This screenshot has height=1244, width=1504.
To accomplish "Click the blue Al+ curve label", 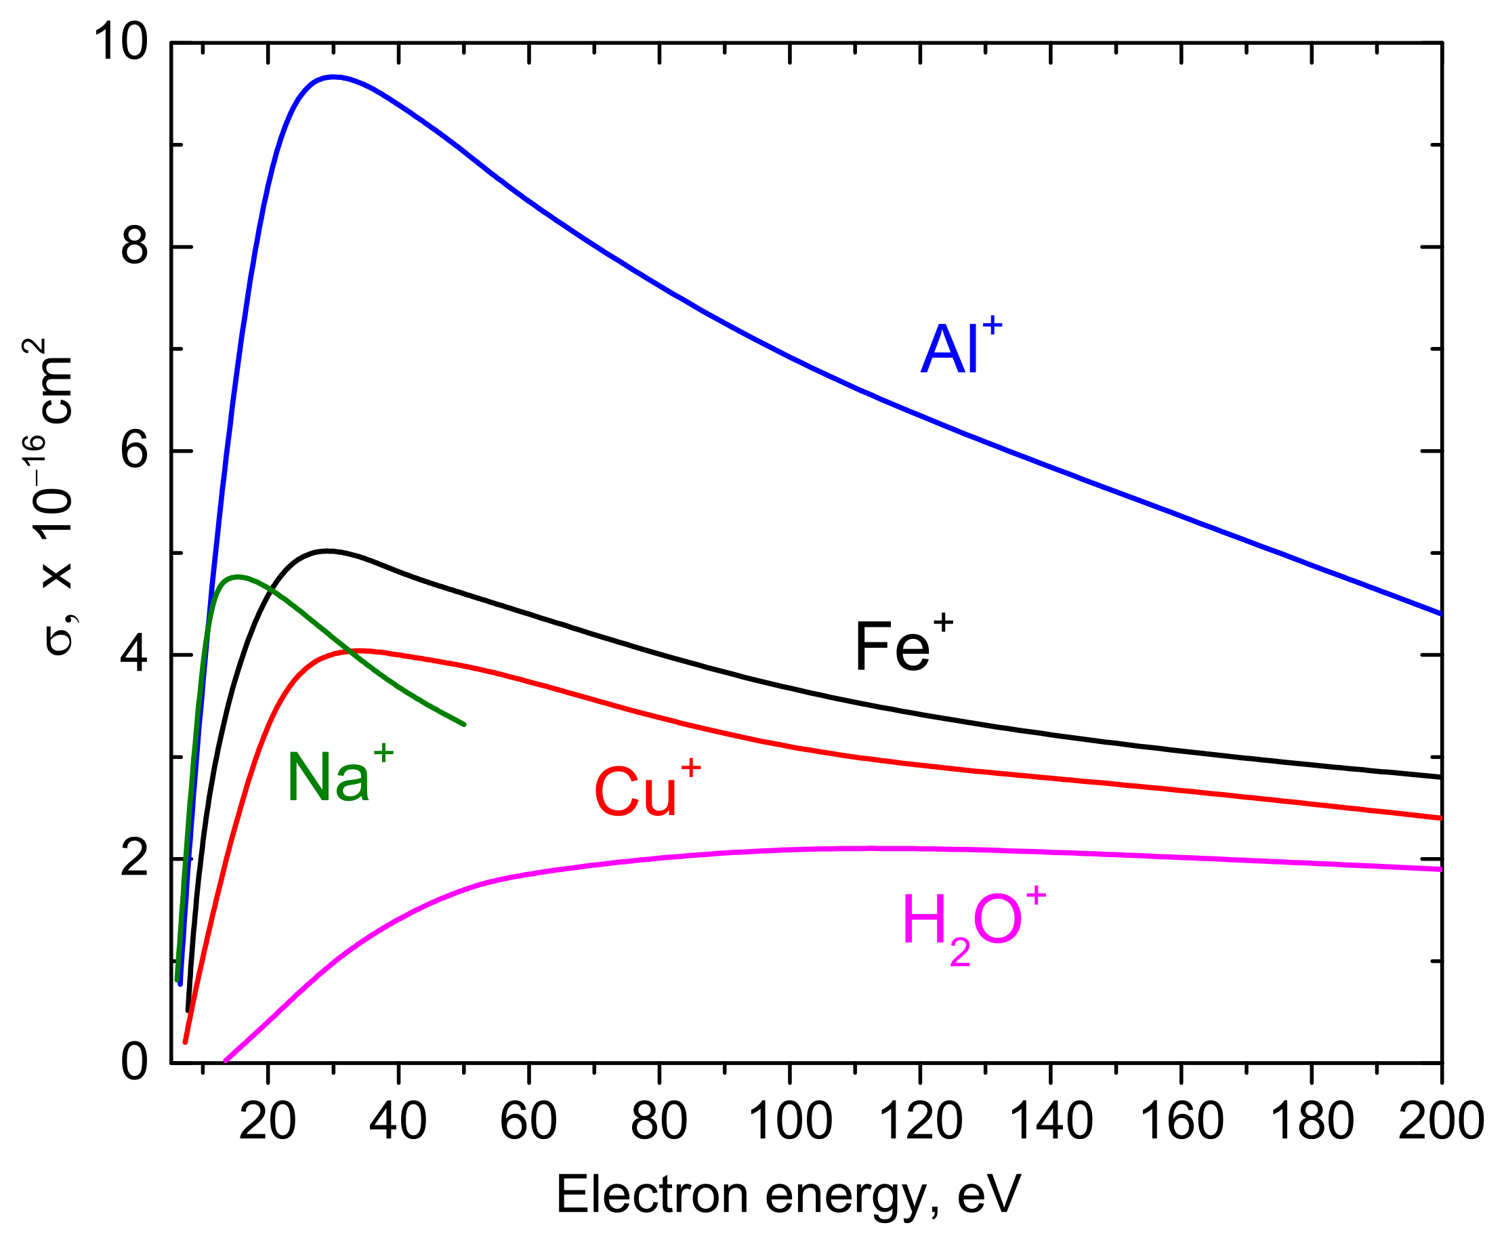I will click(960, 349).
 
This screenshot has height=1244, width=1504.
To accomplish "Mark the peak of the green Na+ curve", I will click(237, 576).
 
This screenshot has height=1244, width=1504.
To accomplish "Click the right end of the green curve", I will click(464, 724).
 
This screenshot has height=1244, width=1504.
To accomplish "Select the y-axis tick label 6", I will click(134, 451).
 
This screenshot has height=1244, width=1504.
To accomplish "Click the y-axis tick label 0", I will click(134, 1063).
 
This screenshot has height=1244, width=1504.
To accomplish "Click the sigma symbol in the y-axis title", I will click(59, 640).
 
